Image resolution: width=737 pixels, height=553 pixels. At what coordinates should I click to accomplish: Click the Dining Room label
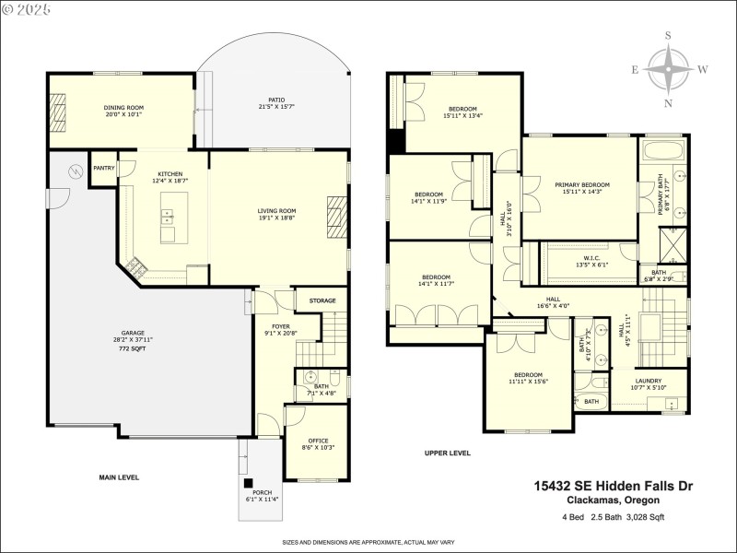123,108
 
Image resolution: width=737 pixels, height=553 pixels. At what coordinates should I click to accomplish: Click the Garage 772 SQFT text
133,350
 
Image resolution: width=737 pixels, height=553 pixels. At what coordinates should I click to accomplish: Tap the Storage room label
322,300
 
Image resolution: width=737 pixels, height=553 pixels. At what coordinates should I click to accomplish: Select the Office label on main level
316,441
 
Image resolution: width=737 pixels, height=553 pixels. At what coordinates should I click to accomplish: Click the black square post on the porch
247,482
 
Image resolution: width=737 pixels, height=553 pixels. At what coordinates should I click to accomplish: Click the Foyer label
280,326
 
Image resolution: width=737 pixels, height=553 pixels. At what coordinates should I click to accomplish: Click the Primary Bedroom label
581,185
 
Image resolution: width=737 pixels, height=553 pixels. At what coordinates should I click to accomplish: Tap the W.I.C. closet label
591,258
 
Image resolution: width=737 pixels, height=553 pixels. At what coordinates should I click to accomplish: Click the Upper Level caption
448,453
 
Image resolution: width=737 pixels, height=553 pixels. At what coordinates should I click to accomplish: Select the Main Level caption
119,477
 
